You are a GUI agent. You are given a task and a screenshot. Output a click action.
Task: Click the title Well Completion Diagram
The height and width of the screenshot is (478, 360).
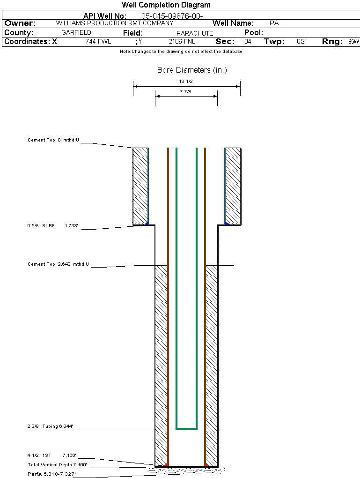pos(166,5)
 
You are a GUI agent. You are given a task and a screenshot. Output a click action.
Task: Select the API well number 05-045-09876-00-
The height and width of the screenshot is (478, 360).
pos(172,16)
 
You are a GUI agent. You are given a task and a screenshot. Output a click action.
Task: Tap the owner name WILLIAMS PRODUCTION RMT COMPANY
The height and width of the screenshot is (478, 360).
pos(115,23)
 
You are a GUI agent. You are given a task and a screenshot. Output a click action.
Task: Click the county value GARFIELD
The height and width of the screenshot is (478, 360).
pos(76,33)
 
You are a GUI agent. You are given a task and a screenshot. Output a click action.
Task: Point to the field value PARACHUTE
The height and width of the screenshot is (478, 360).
pos(195,33)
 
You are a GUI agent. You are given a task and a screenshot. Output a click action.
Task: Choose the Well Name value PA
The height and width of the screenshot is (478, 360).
pos(274,23)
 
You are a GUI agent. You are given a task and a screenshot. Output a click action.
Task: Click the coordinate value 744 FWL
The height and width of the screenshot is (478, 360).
pos(98,42)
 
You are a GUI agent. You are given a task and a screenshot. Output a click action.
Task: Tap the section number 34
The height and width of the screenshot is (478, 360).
pos(248,42)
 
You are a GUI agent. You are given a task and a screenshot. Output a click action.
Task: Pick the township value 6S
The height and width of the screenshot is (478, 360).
pos(301,42)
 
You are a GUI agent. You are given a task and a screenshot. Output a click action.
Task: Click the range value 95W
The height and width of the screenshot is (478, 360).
pos(353,42)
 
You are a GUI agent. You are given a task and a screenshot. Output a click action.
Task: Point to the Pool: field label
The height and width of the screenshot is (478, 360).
pos(254,33)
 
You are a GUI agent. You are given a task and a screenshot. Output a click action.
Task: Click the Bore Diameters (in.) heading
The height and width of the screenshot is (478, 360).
pos(192,70)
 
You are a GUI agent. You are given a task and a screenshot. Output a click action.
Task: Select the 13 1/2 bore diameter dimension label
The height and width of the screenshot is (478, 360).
pos(186,82)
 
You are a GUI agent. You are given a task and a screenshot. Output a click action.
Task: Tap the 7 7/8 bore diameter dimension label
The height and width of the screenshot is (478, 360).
pos(186,92)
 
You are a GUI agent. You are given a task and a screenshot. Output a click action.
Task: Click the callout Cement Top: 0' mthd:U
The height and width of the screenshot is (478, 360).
pos(53,140)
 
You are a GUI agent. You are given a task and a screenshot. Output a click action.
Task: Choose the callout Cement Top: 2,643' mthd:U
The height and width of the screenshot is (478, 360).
pos(58,265)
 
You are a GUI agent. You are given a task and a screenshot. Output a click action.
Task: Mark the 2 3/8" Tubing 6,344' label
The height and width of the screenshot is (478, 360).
pos(50,426)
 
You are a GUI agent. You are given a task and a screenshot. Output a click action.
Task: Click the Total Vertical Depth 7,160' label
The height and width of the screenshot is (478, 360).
pos(57,465)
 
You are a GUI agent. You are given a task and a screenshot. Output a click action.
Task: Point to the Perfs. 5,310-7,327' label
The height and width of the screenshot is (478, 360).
pos(51,474)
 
